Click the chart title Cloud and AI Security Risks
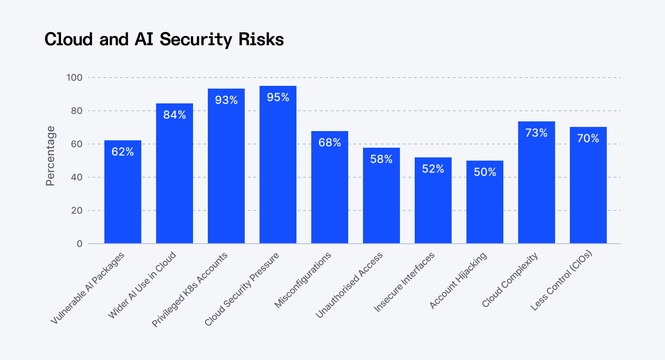164,40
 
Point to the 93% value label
226,100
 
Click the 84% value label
175,115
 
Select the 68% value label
330,143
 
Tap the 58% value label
381,159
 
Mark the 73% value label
537,133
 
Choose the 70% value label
588,138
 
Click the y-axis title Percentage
50,156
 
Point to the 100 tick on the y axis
74,78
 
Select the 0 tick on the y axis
79,244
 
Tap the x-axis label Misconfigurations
304,280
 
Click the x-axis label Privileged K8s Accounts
190,289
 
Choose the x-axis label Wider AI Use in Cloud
142,285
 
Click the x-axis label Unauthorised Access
350,285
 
